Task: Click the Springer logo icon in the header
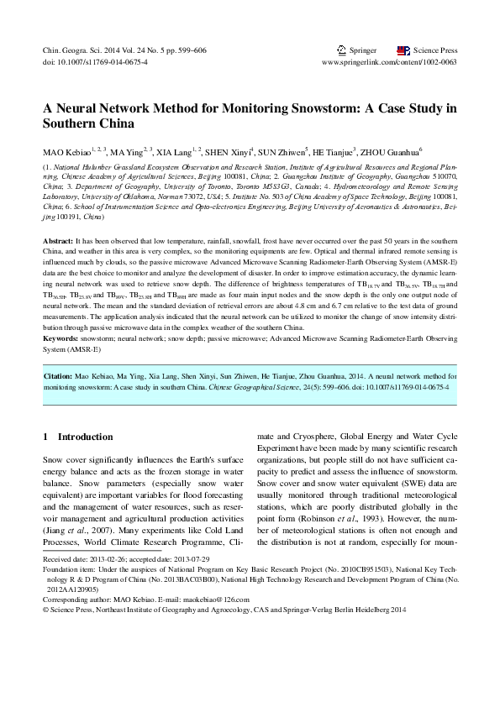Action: point(340,50)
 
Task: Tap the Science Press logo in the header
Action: point(403,50)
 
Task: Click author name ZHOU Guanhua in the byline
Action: point(390,153)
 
